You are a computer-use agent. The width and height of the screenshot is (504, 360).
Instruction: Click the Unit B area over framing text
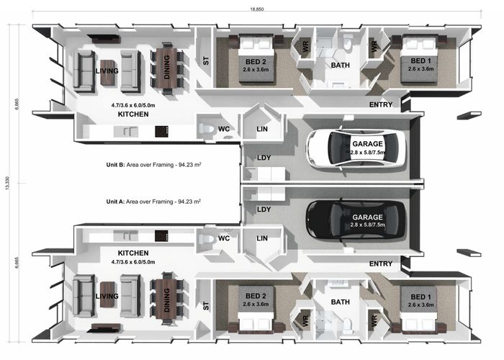[x=153, y=164]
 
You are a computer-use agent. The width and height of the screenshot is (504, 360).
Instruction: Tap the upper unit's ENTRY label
[x=381, y=105]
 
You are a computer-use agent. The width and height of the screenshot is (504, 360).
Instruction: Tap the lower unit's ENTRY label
[x=381, y=264]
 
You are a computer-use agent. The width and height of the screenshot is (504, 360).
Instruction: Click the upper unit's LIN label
[x=262, y=129]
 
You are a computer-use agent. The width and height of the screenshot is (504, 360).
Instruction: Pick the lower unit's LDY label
[x=263, y=210]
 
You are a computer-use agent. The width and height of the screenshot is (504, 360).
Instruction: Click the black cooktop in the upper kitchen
[x=162, y=132]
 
